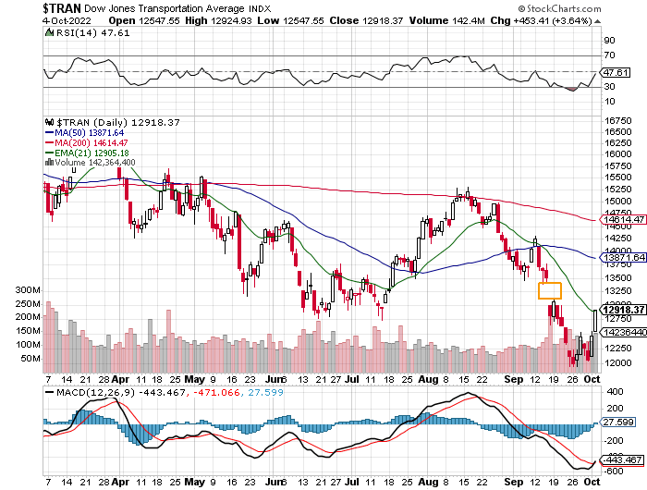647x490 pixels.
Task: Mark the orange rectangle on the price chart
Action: [x=549, y=290]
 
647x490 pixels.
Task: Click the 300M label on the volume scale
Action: [x=28, y=290]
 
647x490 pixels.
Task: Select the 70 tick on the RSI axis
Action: [x=609, y=56]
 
